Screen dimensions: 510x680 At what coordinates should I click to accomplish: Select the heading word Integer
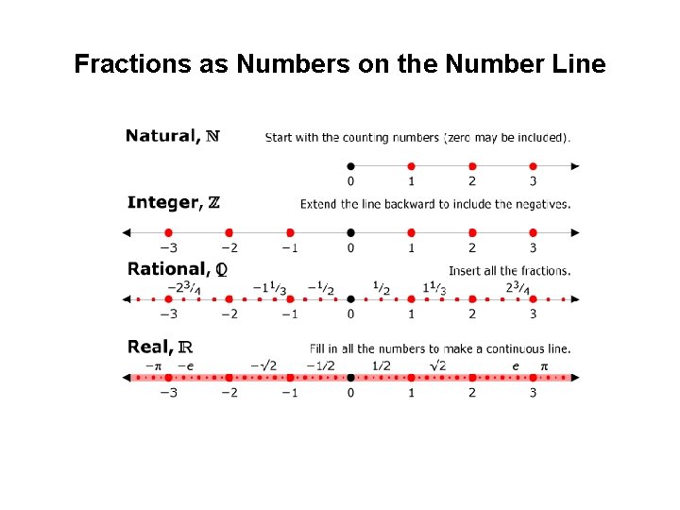click(162, 203)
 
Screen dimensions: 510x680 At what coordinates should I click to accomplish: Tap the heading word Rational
click(167, 269)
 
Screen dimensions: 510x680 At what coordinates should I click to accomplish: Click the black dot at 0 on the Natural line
click(350, 165)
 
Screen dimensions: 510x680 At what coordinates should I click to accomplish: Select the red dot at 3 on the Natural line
click(533, 165)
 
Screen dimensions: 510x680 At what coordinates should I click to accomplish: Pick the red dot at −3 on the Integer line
click(168, 232)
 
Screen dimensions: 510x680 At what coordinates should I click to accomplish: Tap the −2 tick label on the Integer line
click(228, 248)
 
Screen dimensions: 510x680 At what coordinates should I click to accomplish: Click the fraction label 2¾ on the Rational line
click(517, 288)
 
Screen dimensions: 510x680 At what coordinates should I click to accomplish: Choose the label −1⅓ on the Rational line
click(269, 288)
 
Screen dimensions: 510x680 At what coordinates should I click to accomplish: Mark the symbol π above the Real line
click(544, 365)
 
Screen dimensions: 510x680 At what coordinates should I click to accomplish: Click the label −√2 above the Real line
click(264, 365)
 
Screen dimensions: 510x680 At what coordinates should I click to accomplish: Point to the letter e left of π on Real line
click(516, 365)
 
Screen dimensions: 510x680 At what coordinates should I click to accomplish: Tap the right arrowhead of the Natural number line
click(575, 165)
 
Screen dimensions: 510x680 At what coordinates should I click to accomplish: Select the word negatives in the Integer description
click(543, 204)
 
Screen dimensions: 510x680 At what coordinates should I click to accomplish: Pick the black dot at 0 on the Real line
click(350, 378)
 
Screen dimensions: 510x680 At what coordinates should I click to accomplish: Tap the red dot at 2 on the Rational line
click(472, 299)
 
